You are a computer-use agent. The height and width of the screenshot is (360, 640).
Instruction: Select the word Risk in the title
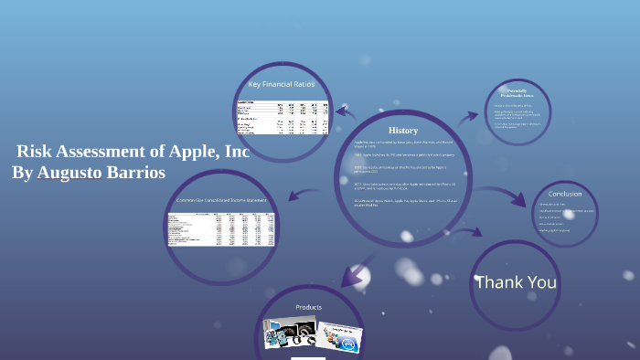click(37, 152)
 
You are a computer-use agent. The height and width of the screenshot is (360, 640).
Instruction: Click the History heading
click(402, 131)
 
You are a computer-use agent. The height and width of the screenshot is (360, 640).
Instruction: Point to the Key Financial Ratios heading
click(281, 85)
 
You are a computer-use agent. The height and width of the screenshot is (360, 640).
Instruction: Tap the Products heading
click(308, 307)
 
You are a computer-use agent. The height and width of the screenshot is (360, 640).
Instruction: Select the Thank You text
click(516, 282)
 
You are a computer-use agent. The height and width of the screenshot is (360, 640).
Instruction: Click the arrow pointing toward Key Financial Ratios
click(347, 112)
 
